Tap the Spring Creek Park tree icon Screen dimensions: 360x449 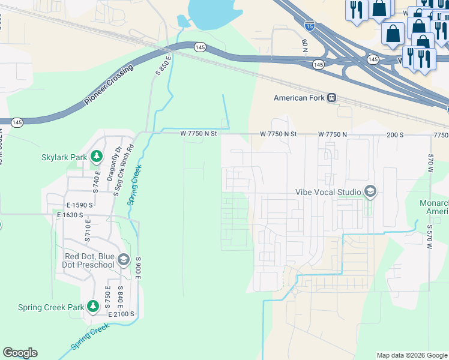click(x=92, y=307)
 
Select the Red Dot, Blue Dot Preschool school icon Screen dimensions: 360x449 click(x=124, y=259)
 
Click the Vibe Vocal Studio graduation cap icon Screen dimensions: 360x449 click(x=370, y=192)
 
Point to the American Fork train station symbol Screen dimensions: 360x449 click(x=331, y=98)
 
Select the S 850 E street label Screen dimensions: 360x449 click(x=163, y=64)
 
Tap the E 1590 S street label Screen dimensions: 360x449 click(x=76, y=205)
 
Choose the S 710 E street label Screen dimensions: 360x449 click(x=88, y=230)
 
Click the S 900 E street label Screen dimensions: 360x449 click(x=137, y=268)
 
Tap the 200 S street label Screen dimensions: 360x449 click(x=395, y=134)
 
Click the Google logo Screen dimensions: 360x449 click(x=20, y=353)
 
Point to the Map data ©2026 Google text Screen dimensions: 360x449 click(x=412, y=355)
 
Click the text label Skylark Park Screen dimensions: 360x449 click(x=64, y=158)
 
